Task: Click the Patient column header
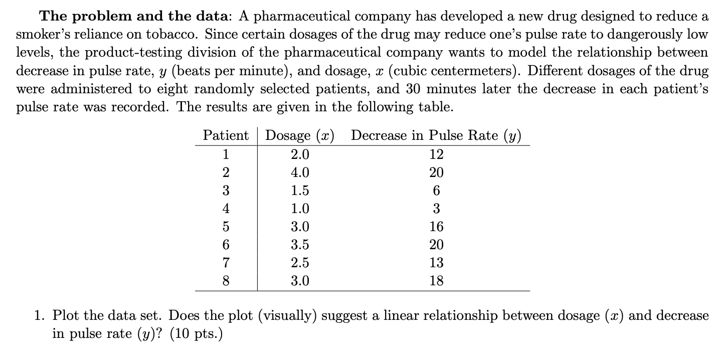226,135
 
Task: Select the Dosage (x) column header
300,135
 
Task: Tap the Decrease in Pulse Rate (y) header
436,135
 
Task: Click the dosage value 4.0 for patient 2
300,173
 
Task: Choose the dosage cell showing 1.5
300,191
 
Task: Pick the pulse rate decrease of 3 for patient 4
436,209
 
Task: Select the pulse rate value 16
436,227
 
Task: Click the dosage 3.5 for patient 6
300,245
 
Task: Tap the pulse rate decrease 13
436,263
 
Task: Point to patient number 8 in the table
226,281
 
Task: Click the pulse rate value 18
436,281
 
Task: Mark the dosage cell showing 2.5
300,263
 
